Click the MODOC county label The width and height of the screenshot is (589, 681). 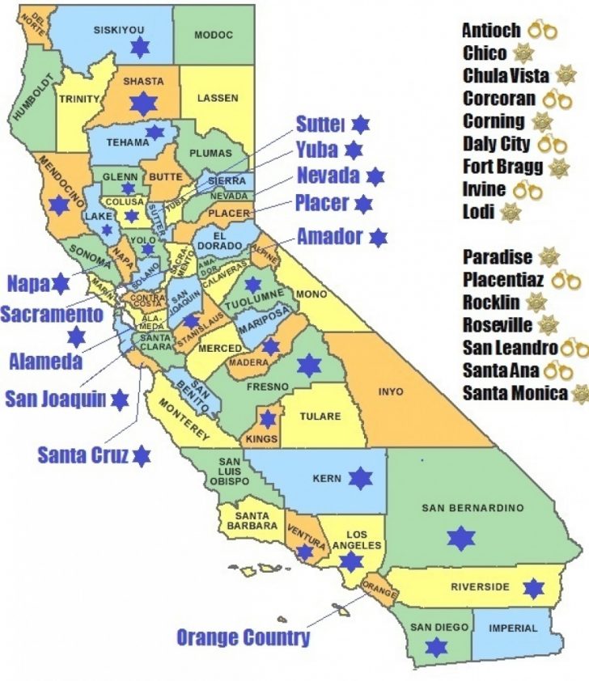pyautogui.click(x=214, y=35)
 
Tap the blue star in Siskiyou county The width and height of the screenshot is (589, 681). pyautogui.click(x=142, y=48)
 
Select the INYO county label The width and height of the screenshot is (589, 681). pyautogui.click(x=390, y=391)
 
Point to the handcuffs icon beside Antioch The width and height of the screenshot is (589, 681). pyautogui.click(x=543, y=31)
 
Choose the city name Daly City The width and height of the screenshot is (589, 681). pyautogui.click(x=496, y=144)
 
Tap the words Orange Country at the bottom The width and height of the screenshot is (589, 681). pyautogui.click(x=243, y=637)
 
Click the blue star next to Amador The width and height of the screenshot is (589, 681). pyautogui.click(x=377, y=237)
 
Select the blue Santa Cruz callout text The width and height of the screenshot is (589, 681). pyautogui.click(x=83, y=455)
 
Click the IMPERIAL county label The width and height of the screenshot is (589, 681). pyautogui.click(x=513, y=628)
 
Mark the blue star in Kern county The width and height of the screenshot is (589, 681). pyautogui.click(x=360, y=478)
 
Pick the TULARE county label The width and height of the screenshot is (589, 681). pyautogui.click(x=320, y=417)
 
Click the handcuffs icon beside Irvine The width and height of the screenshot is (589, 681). pyautogui.click(x=526, y=190)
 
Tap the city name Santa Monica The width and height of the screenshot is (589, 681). pyautogui.click(x=515, y=394)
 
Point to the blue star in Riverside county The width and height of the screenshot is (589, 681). pyautogui.click(x=533, y=588)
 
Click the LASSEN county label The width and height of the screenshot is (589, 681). pyautogui.click(x=218, y=98)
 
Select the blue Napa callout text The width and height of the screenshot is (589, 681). pyautogui.click(x=28, y=284)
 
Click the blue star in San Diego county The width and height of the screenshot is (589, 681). pyautogui.click(x=437, y=646)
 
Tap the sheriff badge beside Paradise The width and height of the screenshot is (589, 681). pyautogui.click(x=549, y=257)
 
